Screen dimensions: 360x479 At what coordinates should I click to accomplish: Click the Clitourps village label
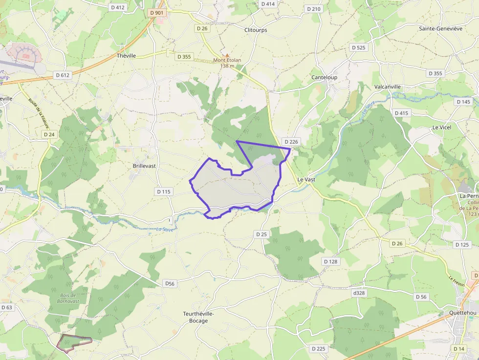[256, 30]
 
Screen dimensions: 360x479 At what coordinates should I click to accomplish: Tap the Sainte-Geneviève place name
[440, 28]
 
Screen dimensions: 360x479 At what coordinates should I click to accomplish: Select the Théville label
[126, 56]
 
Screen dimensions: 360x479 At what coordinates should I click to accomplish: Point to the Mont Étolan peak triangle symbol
[227, 55]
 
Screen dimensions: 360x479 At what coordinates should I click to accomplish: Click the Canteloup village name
[325, 77]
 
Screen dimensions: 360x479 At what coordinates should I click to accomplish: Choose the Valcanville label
[387, 86]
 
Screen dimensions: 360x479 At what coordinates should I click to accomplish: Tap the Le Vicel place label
[441, 127]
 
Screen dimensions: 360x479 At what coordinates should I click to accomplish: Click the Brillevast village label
[144, 166]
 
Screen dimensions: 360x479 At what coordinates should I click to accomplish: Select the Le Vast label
[306, 179]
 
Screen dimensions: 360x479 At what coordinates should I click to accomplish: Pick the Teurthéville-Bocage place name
[198, 318]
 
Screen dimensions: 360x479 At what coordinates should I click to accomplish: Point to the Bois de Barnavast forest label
[68, 298]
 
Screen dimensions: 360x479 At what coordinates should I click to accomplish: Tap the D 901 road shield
[157, 13]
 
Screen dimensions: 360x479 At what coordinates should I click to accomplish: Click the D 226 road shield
[290, 142]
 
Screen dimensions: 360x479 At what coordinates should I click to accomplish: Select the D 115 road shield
[164, 191]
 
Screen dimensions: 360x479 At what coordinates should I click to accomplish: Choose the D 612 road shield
[63, 75]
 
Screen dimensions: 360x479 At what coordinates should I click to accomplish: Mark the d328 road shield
[359, 293]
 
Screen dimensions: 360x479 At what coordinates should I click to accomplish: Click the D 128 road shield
[330, 261]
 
